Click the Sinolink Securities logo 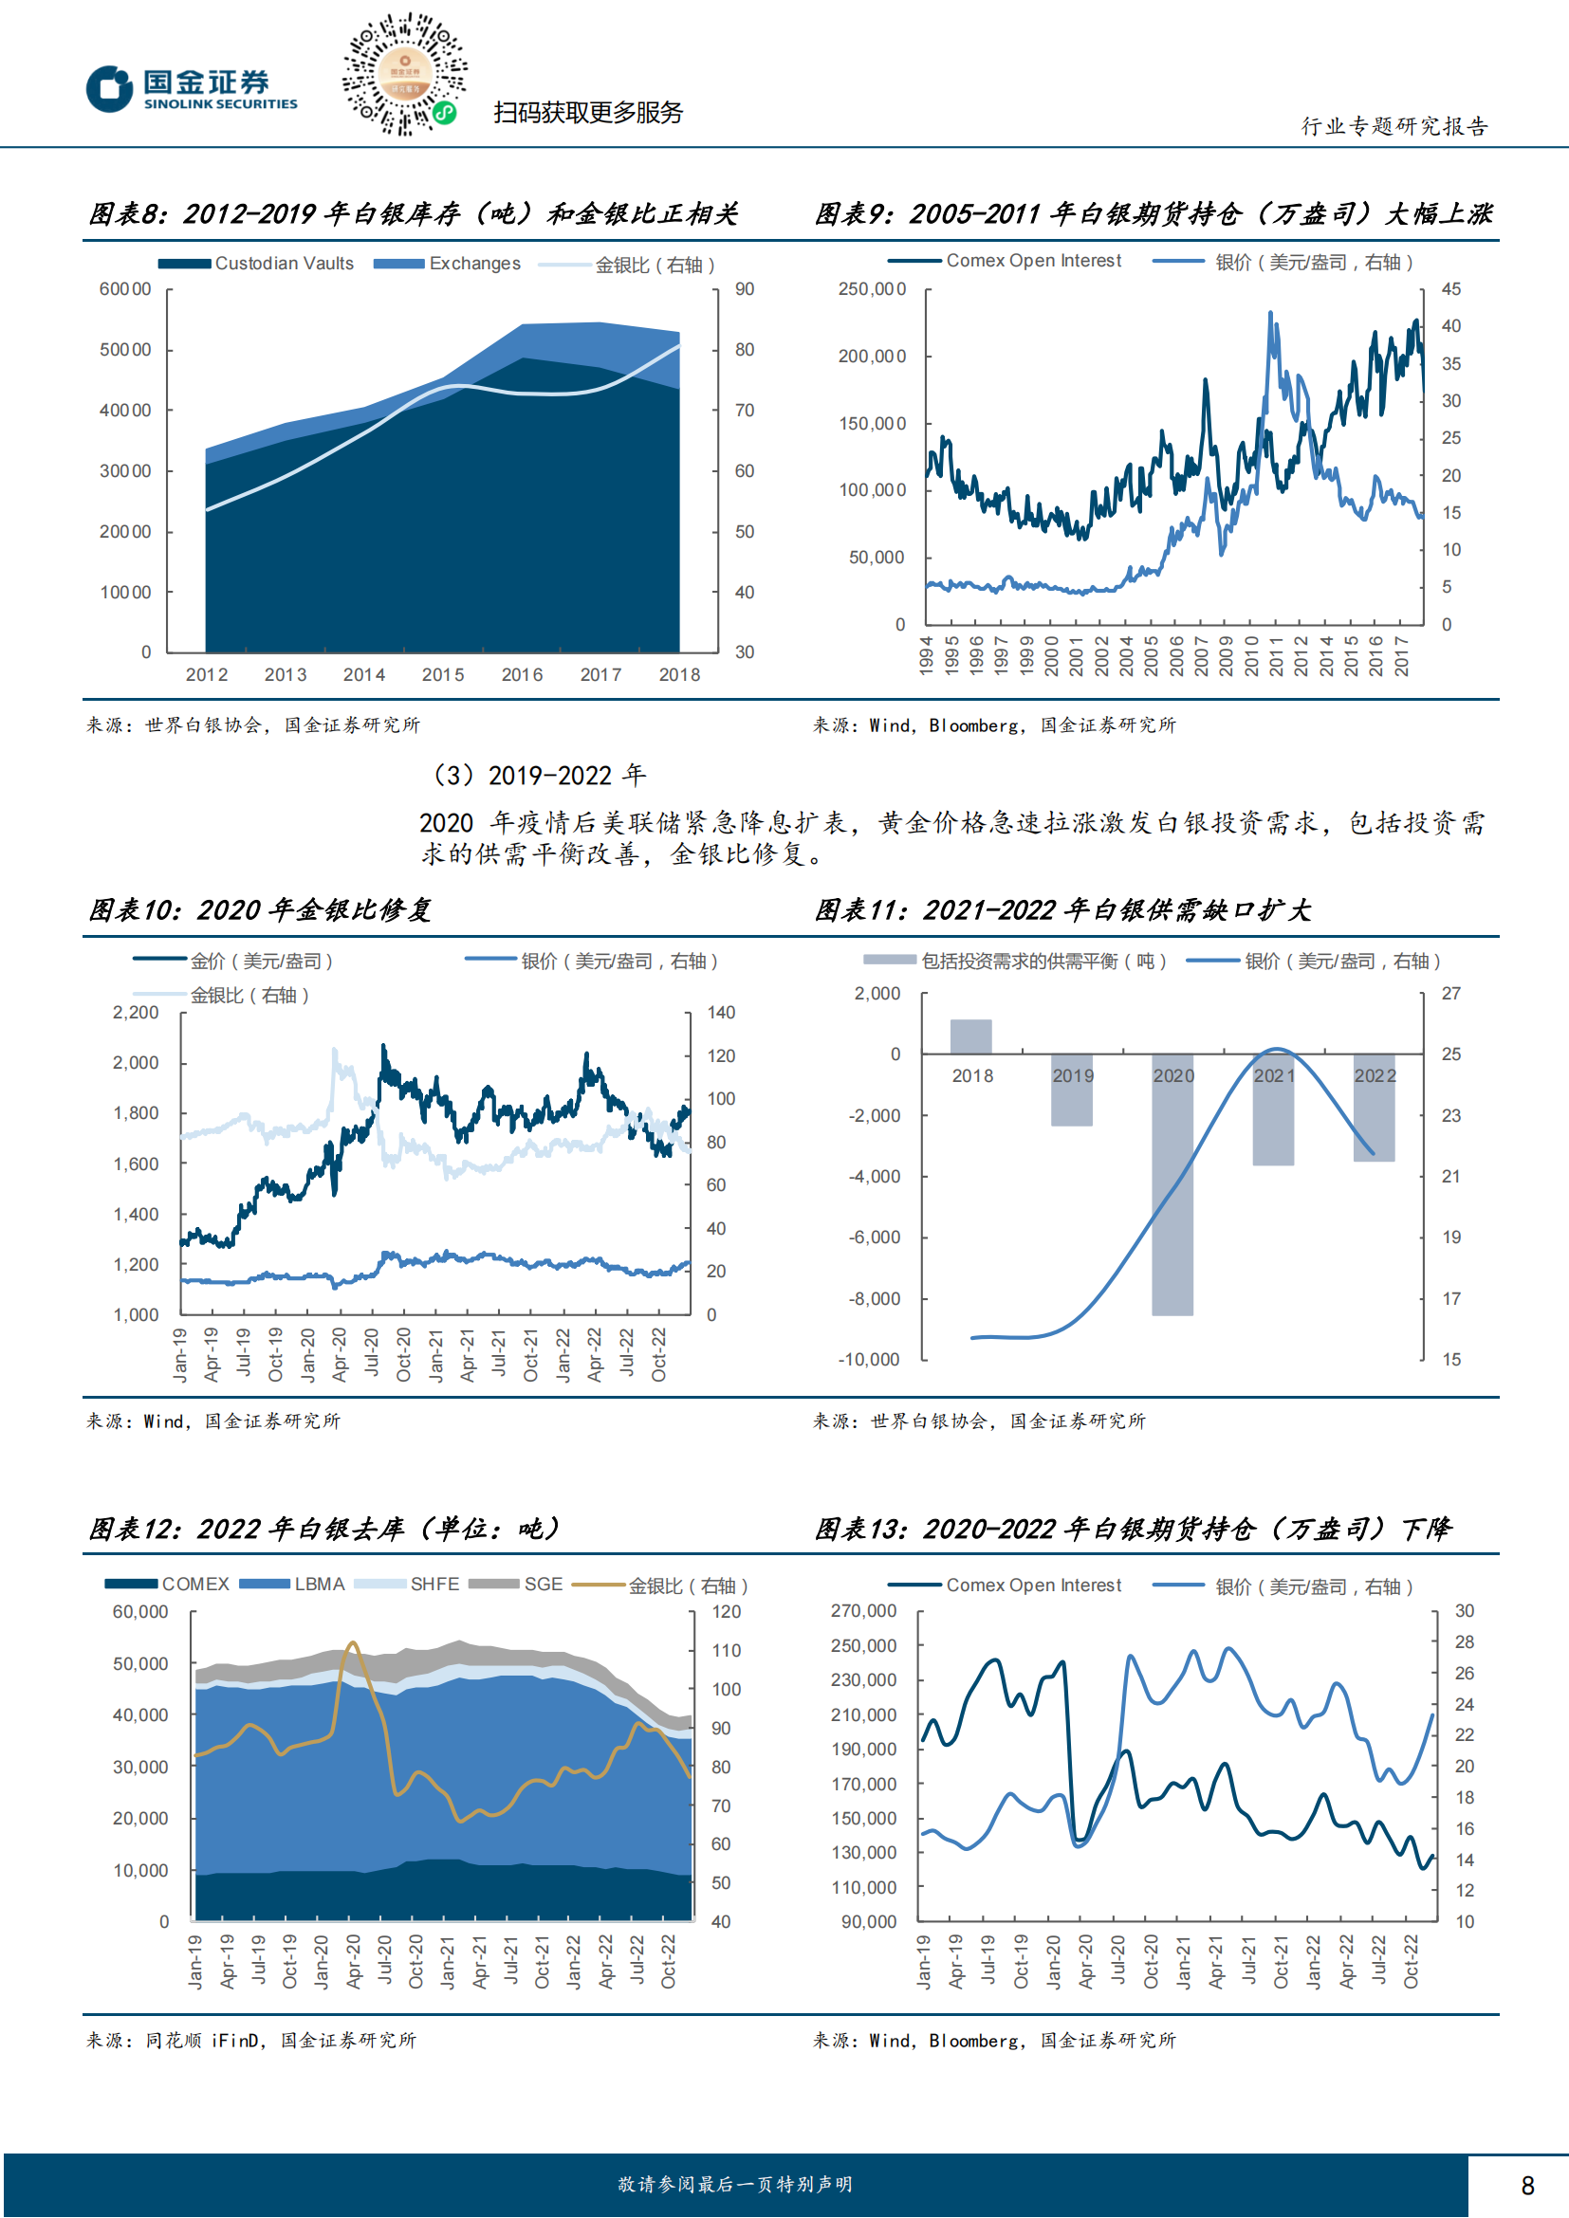[x=192, y=90]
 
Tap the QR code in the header [x=404, y=73]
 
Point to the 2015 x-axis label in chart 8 [x=442, y=674]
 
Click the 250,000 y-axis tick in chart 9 [x=872, y=289]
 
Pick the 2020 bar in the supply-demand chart [x=1172, y=1183]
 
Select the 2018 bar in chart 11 [x=971, y=1036]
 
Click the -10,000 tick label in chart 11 [x=869, y=1359]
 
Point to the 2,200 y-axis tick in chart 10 [x=136, y=1013]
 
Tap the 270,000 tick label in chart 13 [x=864, y=1610]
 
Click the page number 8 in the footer [x=1527, y=2185]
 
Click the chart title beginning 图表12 [x=324, y=1530]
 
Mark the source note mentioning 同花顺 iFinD [x=251, y=2041]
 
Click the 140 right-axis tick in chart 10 [x=721, y=1013]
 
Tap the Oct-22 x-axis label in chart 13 [x=1411, y=1961]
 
